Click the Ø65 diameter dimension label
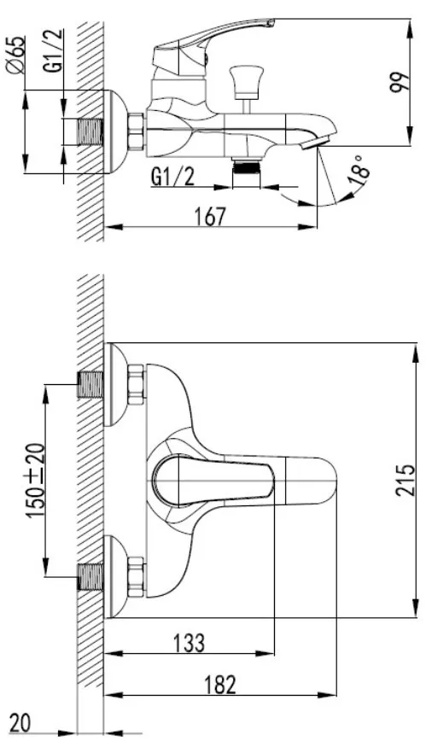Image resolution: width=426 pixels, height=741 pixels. click(15, 55)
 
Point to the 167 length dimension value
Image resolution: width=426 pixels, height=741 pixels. click(210, 217)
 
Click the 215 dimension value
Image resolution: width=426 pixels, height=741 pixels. click(406, 480)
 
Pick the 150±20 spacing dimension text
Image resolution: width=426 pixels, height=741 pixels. click(36, 481)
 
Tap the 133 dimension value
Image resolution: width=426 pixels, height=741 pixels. click(190, 643)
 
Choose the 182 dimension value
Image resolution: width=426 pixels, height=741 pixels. click(220, 685)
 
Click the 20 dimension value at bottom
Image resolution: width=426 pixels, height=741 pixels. click(20, 723)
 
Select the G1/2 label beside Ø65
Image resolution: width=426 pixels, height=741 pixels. click(54, 50)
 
